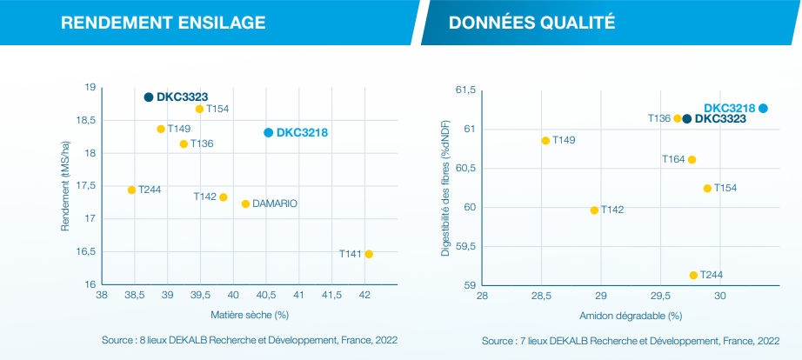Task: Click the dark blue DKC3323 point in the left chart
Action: (149, 97)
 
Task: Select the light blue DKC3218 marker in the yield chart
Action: (269, 132)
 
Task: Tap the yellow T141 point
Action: (369, 254)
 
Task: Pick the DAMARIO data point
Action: (245, 203)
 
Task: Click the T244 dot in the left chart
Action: (131, 190)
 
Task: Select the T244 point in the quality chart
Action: (693, 275)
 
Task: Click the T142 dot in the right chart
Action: (594, 210)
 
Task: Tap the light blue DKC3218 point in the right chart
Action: (763, 108)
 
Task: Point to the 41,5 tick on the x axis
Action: (331, 296)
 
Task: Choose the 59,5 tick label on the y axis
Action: (464, 246)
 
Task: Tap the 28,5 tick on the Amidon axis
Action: (540, 297)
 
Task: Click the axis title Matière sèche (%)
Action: (249, 314)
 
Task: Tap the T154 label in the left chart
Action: (217, 110)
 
